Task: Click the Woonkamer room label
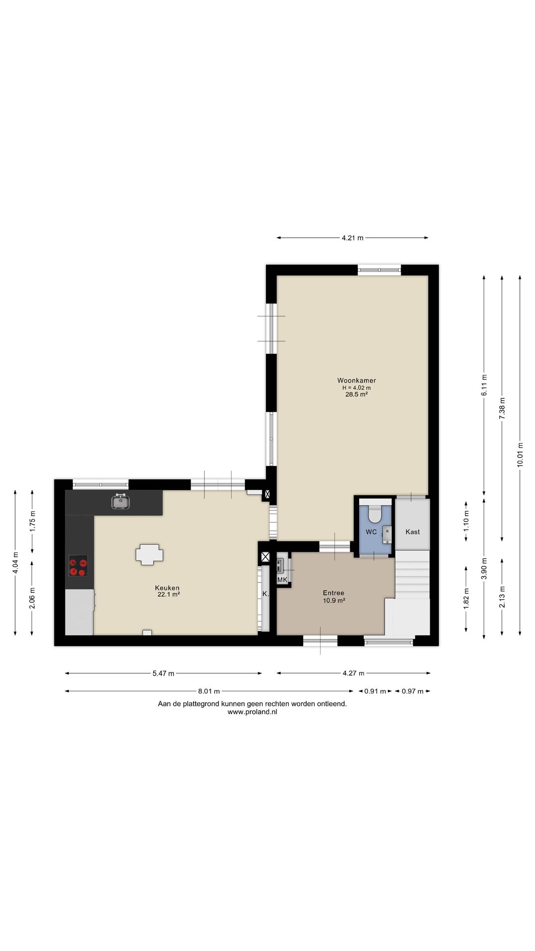[357, 380]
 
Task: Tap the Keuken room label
[167, 588]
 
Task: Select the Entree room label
[333, 593]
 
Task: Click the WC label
[371, 532]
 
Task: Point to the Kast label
[413, 532]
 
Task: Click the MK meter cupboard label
[282, 580]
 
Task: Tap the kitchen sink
[121, 502]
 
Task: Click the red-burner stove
[78, 566]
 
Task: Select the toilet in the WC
[375, 514]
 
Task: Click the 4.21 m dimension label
[352, 238]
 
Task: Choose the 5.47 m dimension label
[163, 673]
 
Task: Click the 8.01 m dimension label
[209, 691]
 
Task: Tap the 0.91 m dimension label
[375, 691]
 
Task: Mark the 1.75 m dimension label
[33, 521]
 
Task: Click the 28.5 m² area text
[357, 395]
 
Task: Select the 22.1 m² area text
[168, 594]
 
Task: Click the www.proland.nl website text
[252, 712]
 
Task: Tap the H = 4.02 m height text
[357, 388]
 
